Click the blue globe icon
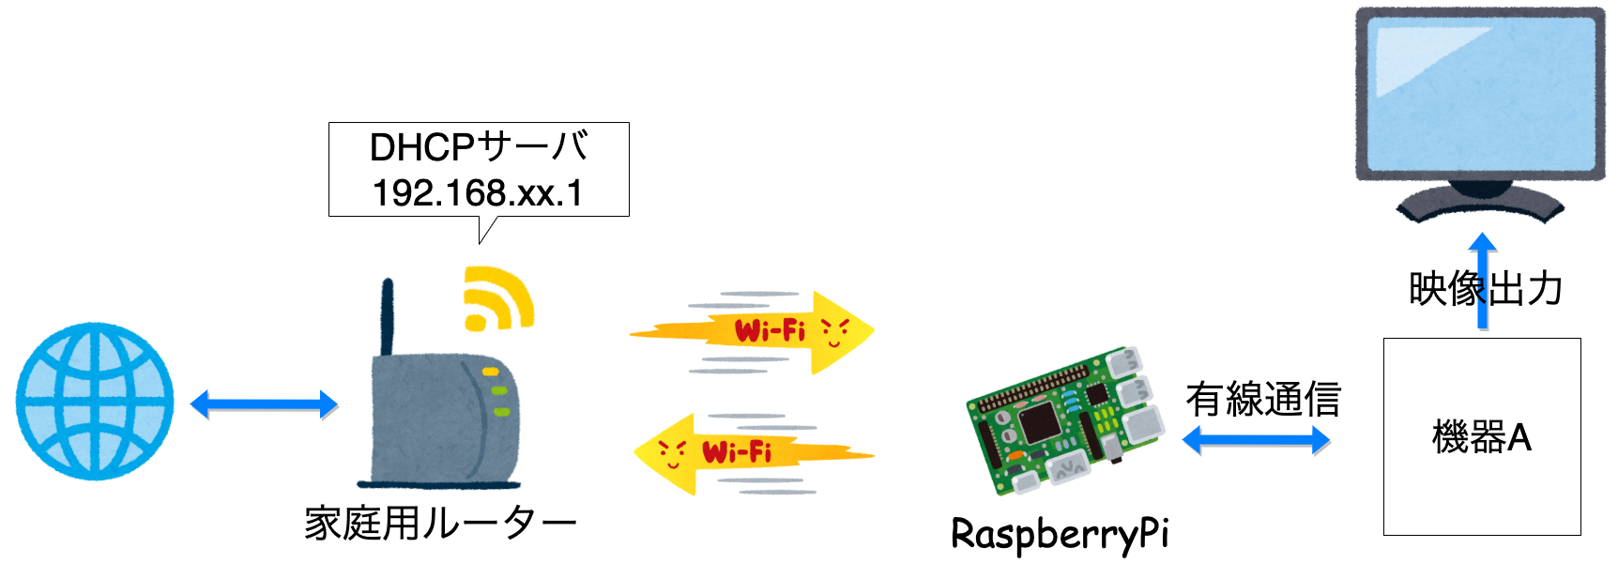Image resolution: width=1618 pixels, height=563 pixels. (95, 402)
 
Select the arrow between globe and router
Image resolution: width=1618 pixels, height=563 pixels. (264, 404)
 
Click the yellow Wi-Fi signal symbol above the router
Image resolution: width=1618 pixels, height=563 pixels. (496, 298)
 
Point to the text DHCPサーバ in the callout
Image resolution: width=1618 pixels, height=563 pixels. (479, 147)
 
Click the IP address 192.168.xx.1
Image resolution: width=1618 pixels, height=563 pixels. (478, 193)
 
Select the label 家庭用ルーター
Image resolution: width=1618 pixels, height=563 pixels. (439, 523)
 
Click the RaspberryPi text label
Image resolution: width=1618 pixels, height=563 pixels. (1060, 535)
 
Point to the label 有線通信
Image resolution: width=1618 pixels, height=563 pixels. (1263, 400)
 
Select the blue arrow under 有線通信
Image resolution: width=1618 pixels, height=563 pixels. (1256, 439)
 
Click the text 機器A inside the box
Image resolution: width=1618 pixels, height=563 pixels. (1481, 437)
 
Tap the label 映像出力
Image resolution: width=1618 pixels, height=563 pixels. (1485, 289)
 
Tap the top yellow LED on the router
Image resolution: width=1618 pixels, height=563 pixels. (491, 373)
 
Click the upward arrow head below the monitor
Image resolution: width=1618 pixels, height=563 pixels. (1483, 244)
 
